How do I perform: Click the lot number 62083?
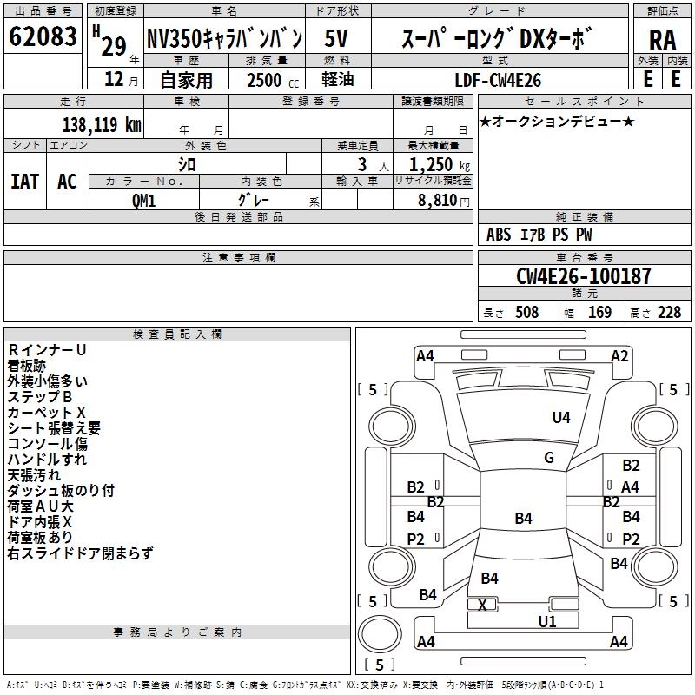43,37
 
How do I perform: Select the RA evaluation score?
662,39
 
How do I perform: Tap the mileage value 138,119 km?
102,125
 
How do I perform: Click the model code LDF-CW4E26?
499,80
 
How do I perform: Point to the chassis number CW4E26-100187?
583,276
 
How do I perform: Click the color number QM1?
144,199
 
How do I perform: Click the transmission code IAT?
25,181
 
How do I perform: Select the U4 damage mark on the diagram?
561,418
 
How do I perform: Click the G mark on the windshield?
549,458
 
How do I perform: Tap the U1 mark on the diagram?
546,620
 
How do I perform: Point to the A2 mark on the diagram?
619,355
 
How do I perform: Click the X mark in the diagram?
483,604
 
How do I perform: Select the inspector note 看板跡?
27,366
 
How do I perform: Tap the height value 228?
669,312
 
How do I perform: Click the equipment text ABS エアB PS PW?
540,235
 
